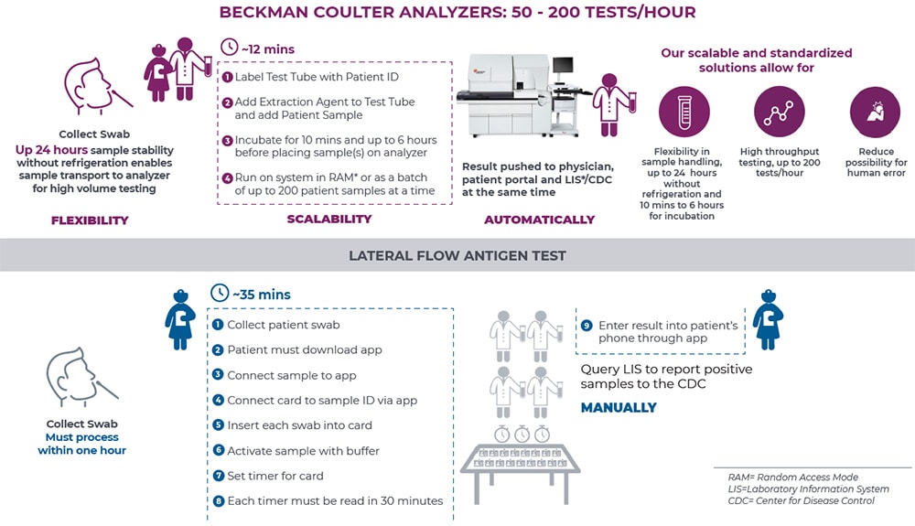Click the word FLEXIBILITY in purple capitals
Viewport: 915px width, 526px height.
[x=90, y=220]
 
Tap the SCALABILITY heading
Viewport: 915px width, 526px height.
[x=328, y=219]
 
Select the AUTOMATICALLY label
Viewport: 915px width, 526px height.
[x=540, y=220]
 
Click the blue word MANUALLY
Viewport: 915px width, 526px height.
[x=619, y=407]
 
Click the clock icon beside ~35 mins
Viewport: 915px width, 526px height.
[x=219, y=294]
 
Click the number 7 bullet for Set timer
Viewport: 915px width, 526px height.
[x=218, y=476]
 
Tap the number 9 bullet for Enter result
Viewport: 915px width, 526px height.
[x=587, y=326]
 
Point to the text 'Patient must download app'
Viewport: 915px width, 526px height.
[x=305, y=350]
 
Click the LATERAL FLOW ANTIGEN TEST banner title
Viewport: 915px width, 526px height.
[x=457, y=256]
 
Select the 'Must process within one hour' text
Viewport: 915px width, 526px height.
[x=82, y=444]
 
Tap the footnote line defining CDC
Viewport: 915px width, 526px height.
[x=802, y=501]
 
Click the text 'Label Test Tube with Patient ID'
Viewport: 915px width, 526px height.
[x=317, y=78]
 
